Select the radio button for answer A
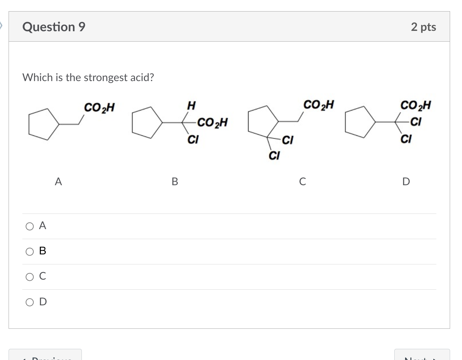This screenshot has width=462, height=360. [30, 226]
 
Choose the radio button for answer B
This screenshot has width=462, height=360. [30, 251]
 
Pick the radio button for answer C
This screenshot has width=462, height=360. [30, 277]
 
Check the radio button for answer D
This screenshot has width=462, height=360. [30, 302]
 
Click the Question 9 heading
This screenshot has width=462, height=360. [54, 27]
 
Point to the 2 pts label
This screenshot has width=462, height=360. [423, 27]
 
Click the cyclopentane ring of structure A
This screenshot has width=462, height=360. [43, 124]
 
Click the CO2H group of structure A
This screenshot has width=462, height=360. [99, 108]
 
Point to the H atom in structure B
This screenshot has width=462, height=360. [191, 106]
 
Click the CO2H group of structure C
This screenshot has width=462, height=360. [318, 105]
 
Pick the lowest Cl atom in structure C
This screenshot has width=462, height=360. [274, 155]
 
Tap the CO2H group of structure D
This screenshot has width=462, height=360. [415, 105]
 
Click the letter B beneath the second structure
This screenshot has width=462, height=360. [175, 181]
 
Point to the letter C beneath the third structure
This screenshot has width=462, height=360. [302, 181]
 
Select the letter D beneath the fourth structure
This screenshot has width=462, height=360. [406, 181]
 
